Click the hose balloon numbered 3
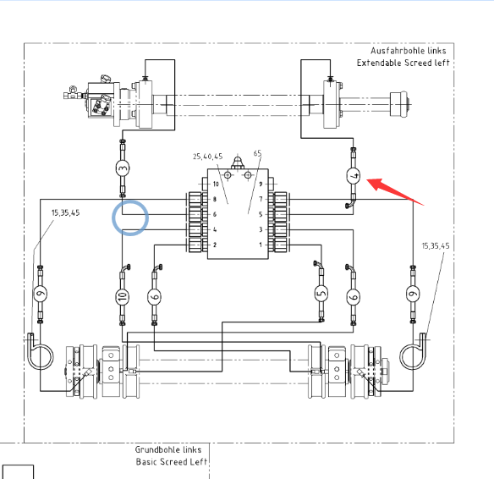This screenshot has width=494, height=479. point(123,168)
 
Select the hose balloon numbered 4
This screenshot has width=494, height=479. point(354,175)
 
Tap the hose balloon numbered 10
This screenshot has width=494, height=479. point(123,296)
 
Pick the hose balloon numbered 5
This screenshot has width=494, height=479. point(321,294)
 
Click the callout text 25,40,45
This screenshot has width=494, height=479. point(207,157)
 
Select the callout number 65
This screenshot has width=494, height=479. point(257,153)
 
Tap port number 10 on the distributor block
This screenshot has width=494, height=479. point(216,184)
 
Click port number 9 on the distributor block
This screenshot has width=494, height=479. point(261,184)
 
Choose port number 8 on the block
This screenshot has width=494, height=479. point(215,199)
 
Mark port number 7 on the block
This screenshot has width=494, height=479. point(261,199)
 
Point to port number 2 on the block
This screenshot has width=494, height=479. point(215,245)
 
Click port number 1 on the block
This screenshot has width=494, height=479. point(261,245)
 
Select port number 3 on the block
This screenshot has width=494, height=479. point(261,229)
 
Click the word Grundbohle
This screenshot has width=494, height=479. point(157,449)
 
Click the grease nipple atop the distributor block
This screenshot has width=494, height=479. point(238,163)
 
